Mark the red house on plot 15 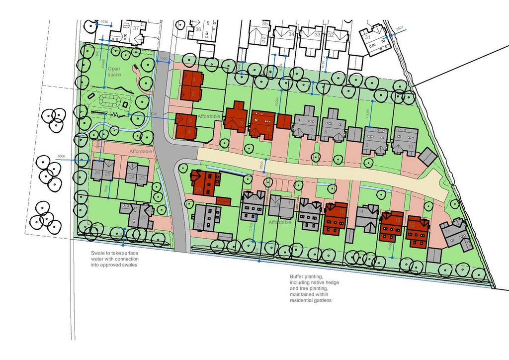pyautogui.click(x=336, y=218)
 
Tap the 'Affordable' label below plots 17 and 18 pyautogui.click(x=280, y=223)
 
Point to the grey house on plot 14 pyautogui.click(x=368, y=218)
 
